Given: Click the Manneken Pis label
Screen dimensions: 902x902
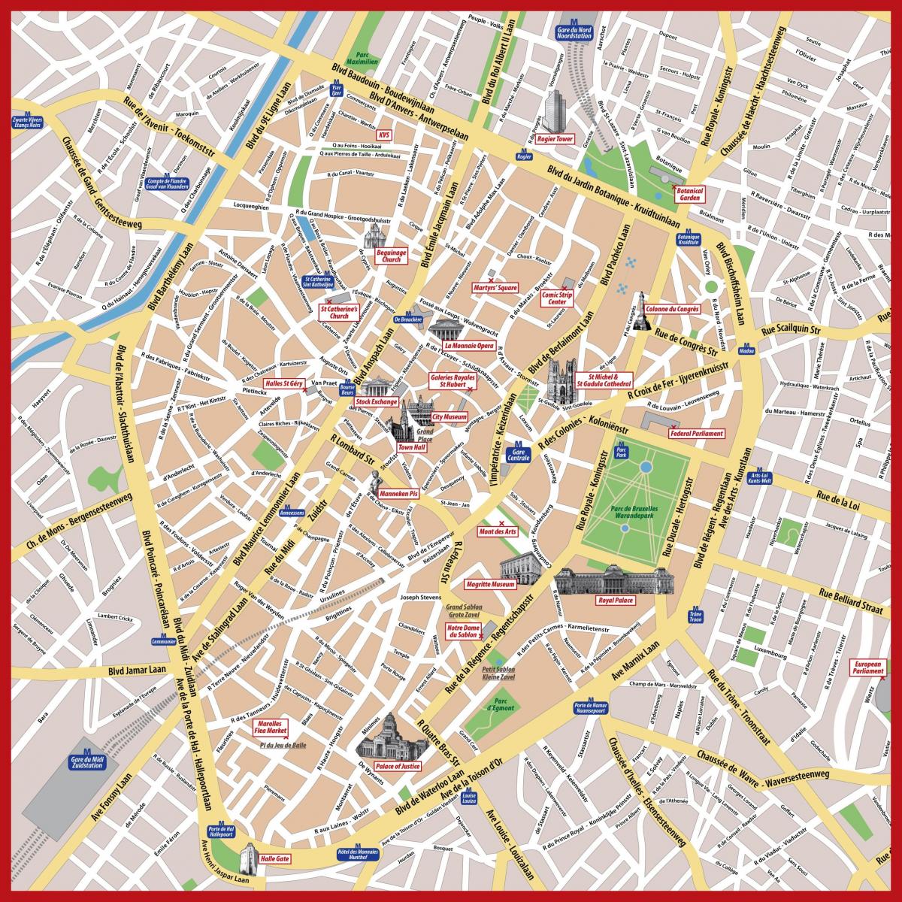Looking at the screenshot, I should click(x=399, y=494).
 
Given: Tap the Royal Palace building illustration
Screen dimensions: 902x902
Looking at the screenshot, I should click(x=615, y=581).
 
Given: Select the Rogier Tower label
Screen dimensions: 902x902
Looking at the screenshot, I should click(x=555, y=139).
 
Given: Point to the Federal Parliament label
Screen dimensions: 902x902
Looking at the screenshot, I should click(x=697, y=434).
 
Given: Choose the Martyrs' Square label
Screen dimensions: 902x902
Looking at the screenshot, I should click(x=495, y=287).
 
